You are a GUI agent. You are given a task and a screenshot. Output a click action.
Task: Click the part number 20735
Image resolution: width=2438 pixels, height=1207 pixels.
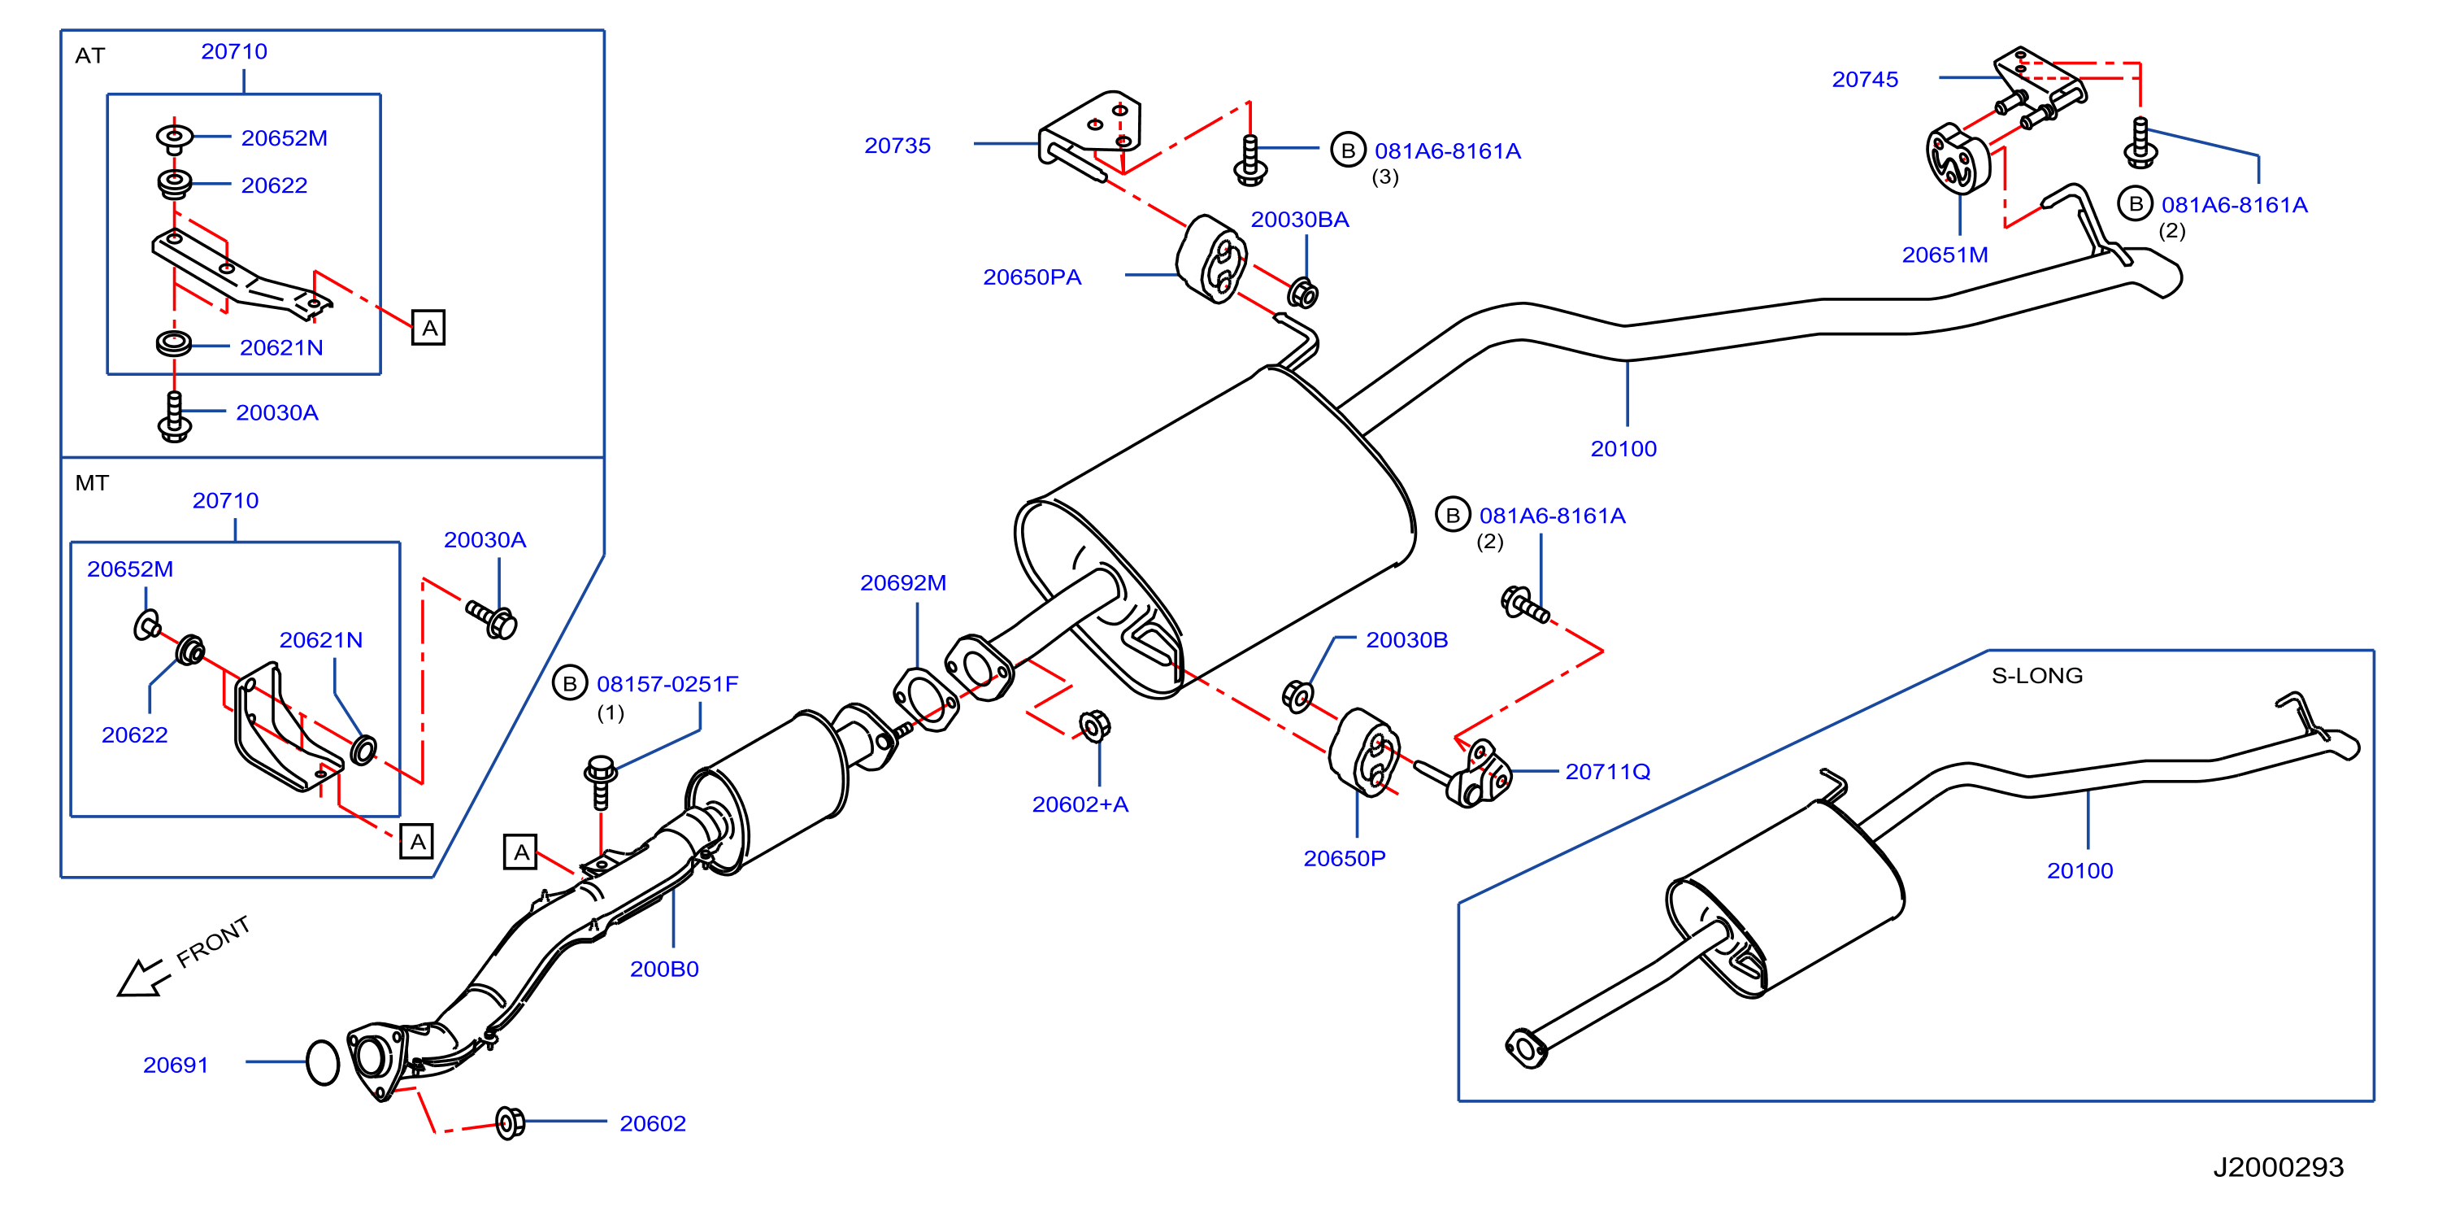[x=897, y=146]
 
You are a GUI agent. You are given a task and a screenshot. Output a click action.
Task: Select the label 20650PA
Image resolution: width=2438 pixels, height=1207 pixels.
[x=1032, y=277]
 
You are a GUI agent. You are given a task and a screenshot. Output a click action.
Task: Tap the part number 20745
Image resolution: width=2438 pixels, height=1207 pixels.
[x=1864, y=80]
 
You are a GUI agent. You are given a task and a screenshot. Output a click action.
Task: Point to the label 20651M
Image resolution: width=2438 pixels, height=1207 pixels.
[x=1945, y=255]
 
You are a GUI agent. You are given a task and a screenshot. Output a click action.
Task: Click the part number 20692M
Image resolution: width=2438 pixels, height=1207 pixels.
[x=903, y=583]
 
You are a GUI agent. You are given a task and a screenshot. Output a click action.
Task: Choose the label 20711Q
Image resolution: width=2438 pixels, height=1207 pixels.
[x=1608, y=772]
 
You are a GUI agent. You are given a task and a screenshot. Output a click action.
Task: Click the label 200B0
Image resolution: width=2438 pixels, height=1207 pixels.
[x=664, y=970]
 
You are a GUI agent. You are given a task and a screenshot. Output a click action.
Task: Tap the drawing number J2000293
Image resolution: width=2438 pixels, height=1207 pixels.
[x=2278, y=1167]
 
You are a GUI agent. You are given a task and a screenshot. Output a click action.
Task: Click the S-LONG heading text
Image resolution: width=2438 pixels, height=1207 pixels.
[x=2036, y=676]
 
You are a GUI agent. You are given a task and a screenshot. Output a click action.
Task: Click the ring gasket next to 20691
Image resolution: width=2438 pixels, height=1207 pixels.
[x=323, y=1063]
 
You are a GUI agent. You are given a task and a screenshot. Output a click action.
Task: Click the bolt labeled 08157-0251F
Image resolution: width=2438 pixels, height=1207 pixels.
[x=600, y=781]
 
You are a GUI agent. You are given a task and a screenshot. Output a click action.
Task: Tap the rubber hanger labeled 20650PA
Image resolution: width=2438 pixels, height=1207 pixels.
[x=1210, y=259]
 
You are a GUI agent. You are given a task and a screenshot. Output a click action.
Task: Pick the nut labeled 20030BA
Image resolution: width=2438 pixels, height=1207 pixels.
[x=1303, y=294]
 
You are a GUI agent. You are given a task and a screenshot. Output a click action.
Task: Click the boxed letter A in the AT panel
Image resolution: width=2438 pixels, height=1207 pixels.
[x=428, y=329]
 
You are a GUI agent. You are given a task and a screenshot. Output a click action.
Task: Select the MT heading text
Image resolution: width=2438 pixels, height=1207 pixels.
[x=92, y=484]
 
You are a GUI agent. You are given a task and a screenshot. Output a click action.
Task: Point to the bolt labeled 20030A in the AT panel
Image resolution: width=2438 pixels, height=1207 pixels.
[x=174, y=416]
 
